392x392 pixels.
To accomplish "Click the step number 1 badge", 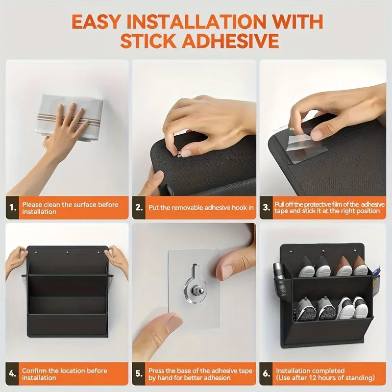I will click(x=13, y=208).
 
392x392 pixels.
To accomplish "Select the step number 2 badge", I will click(x=140, y=208).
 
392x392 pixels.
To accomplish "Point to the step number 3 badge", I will click(x=267, y=208).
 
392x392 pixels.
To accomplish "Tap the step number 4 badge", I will click(x=13, y=374).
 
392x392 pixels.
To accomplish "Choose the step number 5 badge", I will click(x=140, y=374).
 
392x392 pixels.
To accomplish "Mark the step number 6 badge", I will click(x=267, y=374).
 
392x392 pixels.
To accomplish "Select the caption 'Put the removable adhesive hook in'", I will click(x=201, y=208).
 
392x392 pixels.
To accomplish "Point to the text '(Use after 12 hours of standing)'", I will click(x=325, y=378).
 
